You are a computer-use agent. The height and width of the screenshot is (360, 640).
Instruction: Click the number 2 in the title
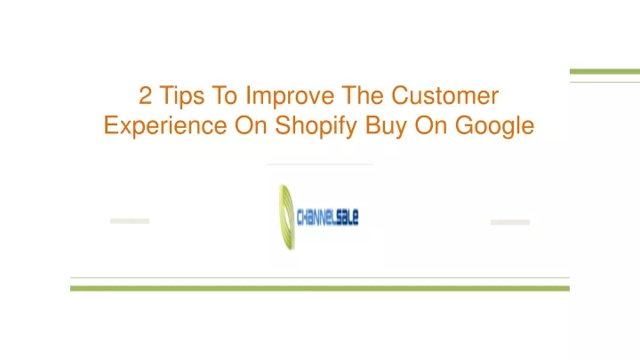pyautogui.click(x=145, y=95)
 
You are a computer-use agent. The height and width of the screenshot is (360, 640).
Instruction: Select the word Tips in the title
pyautogui.click(x=182, y=97)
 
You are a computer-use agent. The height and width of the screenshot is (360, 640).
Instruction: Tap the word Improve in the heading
pyautogui.click(x=290, y=97)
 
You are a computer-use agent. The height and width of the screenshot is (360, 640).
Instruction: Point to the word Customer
pyautogui.click(x=445, y=95)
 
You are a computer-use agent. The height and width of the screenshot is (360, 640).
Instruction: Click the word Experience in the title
pyautogui.click(x=165, y=126)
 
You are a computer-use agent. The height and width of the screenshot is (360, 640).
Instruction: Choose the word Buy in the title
pyautogui.click(x=386, y=126)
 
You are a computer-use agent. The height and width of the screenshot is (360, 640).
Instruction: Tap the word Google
pyautogui.click(x=495, y=126)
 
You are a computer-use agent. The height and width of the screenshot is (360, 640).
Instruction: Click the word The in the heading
pyautogui.click(x=363, y=95)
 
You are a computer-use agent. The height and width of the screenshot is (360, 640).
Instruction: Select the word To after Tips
pyautogui.click(x=225, y=95)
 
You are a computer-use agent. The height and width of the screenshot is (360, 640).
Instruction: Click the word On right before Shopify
pyautogui.click(x=251, y=125)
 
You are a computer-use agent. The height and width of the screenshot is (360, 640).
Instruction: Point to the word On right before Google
pyautogui.click(x=431, y=125)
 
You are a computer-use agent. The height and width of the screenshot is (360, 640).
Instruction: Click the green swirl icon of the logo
pyautogui.click(x=286, y=217)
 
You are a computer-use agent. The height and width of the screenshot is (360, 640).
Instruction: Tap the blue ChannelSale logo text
pyautogui.click(x=328, y=217)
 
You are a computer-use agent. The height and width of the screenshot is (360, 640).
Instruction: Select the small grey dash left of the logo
pyautogui.click(x=130, y=221)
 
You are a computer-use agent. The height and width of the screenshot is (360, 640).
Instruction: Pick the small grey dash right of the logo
pyautogui.click(x=510, y=222)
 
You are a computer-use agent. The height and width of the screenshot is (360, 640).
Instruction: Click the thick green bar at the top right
pyautogui.click(x=605, y=72)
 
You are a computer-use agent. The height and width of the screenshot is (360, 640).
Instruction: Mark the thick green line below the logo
pyautogui.click(x=320, y=289)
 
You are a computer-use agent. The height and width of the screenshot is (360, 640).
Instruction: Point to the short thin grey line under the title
pyautogui.click(x=320, y=164)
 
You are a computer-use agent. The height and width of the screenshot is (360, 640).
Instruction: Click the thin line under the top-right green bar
pyautogui.click(x=605, y=82)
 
